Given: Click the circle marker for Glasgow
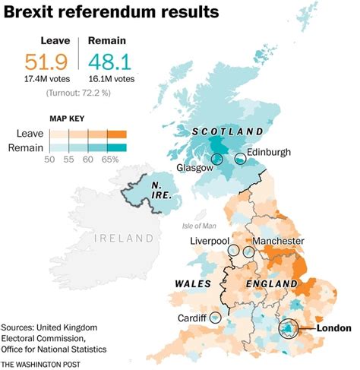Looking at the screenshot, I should tap(217, 159).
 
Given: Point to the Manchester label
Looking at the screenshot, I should tap(279, 242).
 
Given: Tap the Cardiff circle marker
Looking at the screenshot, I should tap(216, 316).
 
